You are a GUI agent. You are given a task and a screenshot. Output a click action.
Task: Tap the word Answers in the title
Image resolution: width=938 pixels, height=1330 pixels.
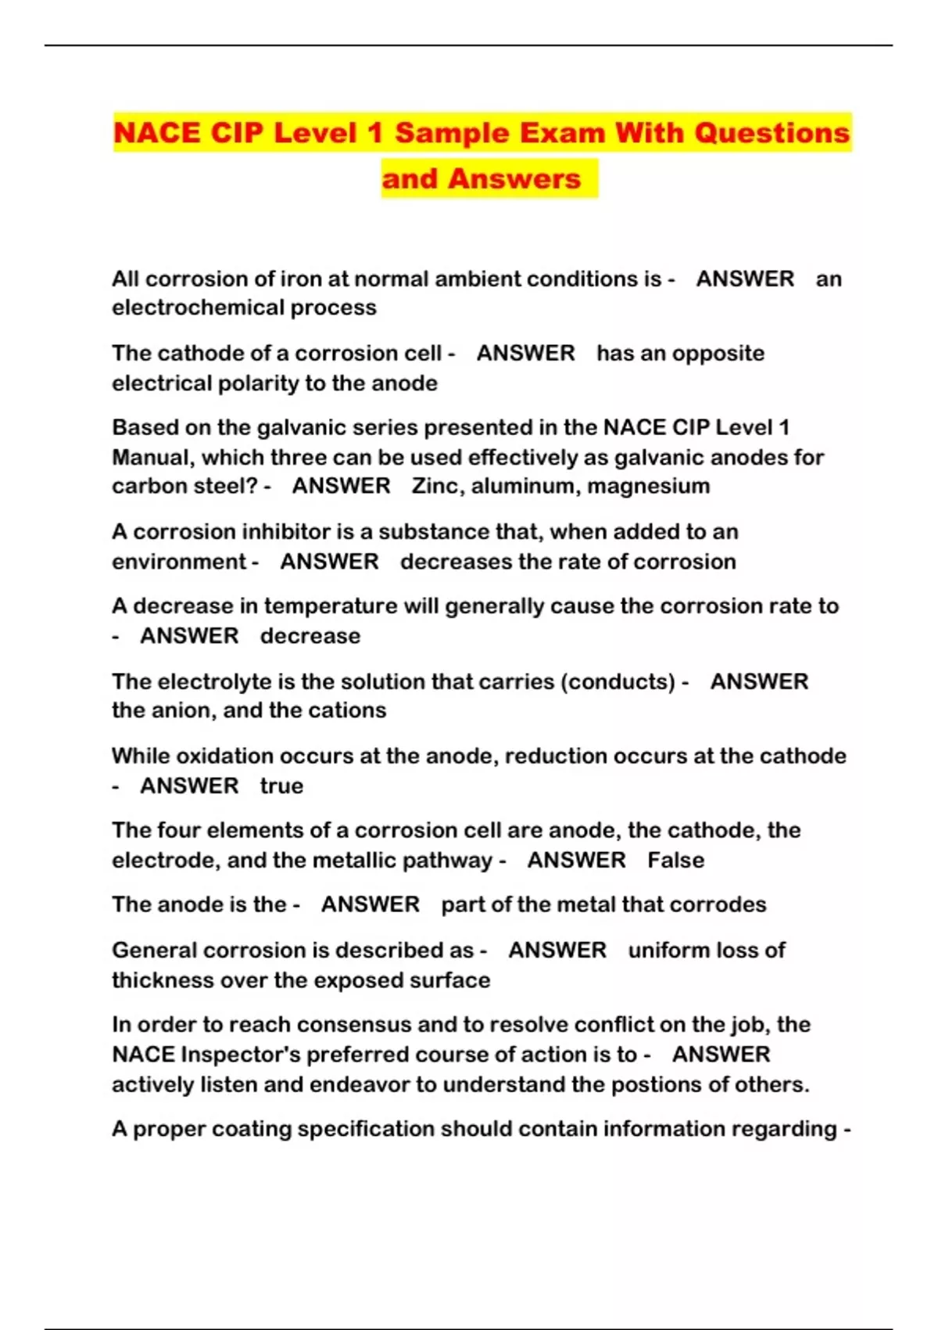click(514, 179)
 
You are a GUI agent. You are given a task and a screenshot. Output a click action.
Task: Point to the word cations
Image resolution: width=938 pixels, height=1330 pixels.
click(347, 710)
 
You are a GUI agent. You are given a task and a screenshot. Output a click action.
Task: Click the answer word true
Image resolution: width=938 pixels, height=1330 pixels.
click(281, 785)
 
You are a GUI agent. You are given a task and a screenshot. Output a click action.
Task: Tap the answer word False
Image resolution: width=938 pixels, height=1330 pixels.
click(675, 861)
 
